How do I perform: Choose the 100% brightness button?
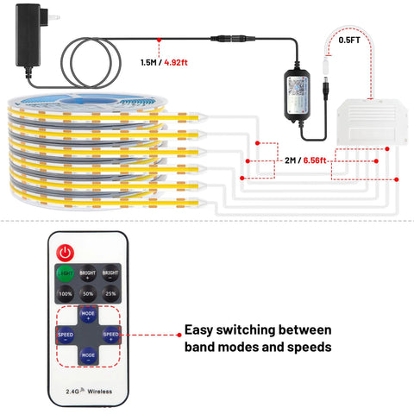point(65,295)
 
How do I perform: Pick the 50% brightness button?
point(88,295)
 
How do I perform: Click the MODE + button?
point(88,316)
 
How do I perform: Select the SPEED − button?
point(66,334)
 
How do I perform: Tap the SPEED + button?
point(110,334)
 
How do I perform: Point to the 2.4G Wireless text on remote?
point(88,391)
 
